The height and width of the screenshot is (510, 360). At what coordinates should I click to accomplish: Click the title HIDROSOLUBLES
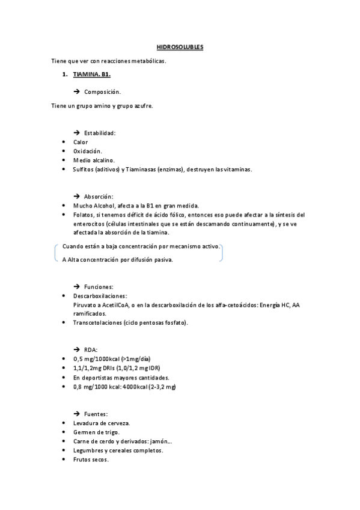(x=180, y=46)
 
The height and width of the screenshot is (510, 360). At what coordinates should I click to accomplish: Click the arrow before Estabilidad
(x=76, y=132)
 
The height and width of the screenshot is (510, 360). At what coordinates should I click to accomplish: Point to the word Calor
(x=81, y=142)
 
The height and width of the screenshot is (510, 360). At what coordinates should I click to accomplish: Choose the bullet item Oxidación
(x=88, y=151)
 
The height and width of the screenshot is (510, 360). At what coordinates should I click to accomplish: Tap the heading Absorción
(x=99, y=196)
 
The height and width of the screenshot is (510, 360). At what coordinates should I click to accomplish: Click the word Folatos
(x=84, y=215)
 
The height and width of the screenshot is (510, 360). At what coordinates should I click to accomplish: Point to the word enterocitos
(x=89, y=224)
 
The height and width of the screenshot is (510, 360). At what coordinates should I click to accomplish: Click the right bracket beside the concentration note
(x=222, y=253)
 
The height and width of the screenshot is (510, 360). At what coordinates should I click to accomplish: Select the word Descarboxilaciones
(x=100, y=296)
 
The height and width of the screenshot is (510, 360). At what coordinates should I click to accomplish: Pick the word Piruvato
(x=85, y=306)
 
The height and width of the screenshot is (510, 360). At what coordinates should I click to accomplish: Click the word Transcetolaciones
(x=97, y=323)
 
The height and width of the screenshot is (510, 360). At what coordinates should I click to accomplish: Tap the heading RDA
(x=91, y=349)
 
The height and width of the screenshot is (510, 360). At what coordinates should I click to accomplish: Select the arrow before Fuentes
(x=76, y=414)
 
